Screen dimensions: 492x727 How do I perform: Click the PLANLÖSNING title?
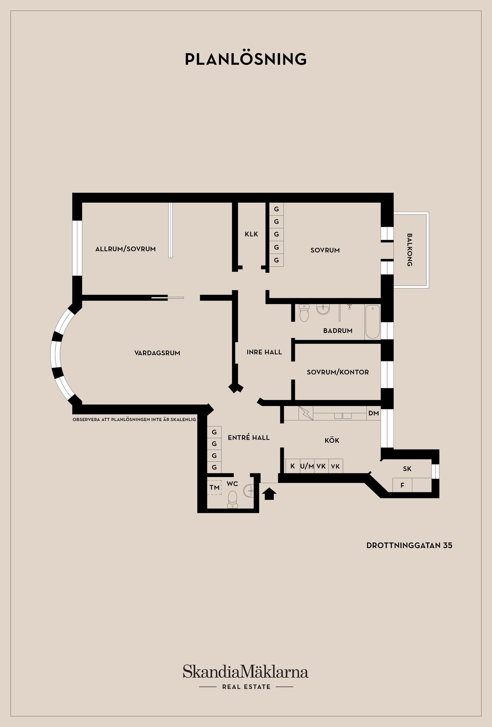pyautogui.click(x=246, y=59)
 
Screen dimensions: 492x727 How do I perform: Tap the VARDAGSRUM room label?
pyautogui.click(x=157, y=353)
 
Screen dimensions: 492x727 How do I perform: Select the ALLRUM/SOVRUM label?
pyautogui.click(x=126, y=249)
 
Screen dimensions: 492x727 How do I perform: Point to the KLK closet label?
pyautogui.click(x=251, y=234)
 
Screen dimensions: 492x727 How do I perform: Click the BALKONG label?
pyautogui.click(x=409, y=250)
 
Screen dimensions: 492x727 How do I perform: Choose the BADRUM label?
pyautogui.click(x=338, y=331)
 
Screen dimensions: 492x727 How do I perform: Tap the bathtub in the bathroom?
pyautogui.click(x=372, y=322)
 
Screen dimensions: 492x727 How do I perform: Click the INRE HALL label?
pyautogui.click(x=264, y=352)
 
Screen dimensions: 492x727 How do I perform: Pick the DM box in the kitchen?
pyautogui.click(x=374, y=413)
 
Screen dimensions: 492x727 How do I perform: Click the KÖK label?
pyautogui.click(x=332, y=440)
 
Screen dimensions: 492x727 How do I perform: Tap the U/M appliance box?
pyautogui.click(x=307, y=466)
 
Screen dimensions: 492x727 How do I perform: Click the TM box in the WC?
pyautogui.click(x=214, y=487)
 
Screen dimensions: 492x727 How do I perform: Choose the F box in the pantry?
pyautogui.click(x=403, y=485)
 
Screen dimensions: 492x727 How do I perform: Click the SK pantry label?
pyautogui.click(x=407, y=469)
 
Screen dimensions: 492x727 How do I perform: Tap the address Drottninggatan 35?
pyautogui.click(x=409, y=545)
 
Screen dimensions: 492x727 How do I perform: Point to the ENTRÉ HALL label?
pyautogui.click(x=249, y=438)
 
